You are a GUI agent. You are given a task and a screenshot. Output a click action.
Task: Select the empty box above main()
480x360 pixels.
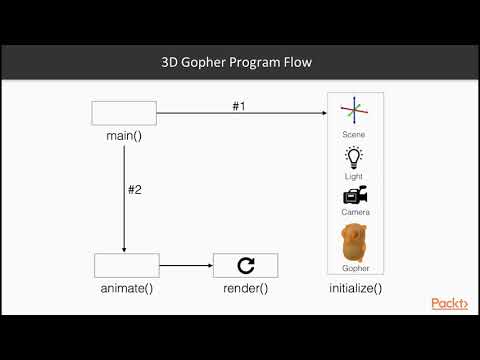click(x=124, y=113)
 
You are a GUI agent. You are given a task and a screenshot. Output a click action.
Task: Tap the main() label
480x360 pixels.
click(x=124, y=135)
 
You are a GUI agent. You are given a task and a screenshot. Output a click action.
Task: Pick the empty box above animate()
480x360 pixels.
click(x=127, y=265)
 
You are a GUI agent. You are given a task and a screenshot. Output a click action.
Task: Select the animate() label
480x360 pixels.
click(x=127, y=288)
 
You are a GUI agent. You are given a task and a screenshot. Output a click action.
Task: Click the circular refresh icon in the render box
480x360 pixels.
click(x=245, y=265)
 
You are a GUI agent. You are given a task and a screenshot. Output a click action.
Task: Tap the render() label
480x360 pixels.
click(x=245, y=288)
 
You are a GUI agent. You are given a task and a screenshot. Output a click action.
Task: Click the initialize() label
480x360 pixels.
click(x=355, y=288)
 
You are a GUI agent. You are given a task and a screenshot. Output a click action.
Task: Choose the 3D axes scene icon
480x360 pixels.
click(x=354, y=113)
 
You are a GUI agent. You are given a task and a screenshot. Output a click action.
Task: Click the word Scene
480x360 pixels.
click(x=354, y=134)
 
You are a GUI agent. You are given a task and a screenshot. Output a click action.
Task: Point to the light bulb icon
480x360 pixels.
click(x=354, y=157)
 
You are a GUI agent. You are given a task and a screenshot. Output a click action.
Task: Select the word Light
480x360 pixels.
click(x=354, y=176)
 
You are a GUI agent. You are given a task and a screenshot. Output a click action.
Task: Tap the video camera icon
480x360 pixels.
click(x=354, y=196)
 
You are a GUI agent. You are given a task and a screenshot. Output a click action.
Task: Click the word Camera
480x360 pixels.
click(x=354, y=212)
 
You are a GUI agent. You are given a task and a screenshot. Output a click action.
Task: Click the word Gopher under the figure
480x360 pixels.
click(x=355, y=269)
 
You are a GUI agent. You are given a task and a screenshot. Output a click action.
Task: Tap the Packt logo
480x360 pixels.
click(x=449, y=303)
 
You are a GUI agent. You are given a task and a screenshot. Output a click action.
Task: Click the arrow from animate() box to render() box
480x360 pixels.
click(x=186, y=266)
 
